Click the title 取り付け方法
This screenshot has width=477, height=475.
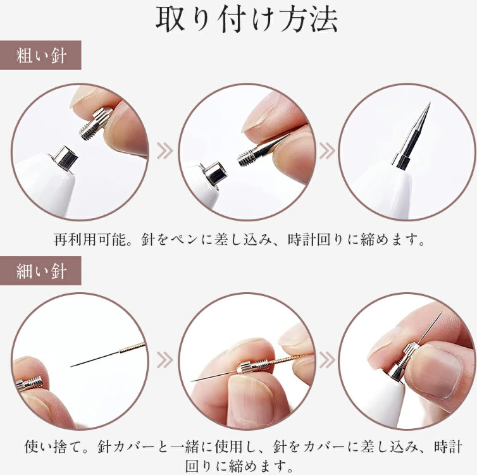coord(247,20)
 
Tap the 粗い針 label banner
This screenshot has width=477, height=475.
coord(40,55)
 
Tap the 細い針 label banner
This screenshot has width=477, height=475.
coord(40,271)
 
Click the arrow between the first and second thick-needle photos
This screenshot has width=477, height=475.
coord(165,151)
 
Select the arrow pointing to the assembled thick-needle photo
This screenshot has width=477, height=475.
coord(327,151)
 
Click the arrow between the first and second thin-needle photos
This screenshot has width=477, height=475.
coord(165,361)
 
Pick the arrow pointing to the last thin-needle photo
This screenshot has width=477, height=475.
coord(327,361)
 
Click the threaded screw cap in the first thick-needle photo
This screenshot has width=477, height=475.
coord(96,124)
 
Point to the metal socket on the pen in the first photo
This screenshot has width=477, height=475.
coord(63,158)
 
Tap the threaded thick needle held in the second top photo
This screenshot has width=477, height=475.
coord(262,151)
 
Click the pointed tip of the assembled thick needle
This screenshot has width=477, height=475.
coord(430,103)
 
